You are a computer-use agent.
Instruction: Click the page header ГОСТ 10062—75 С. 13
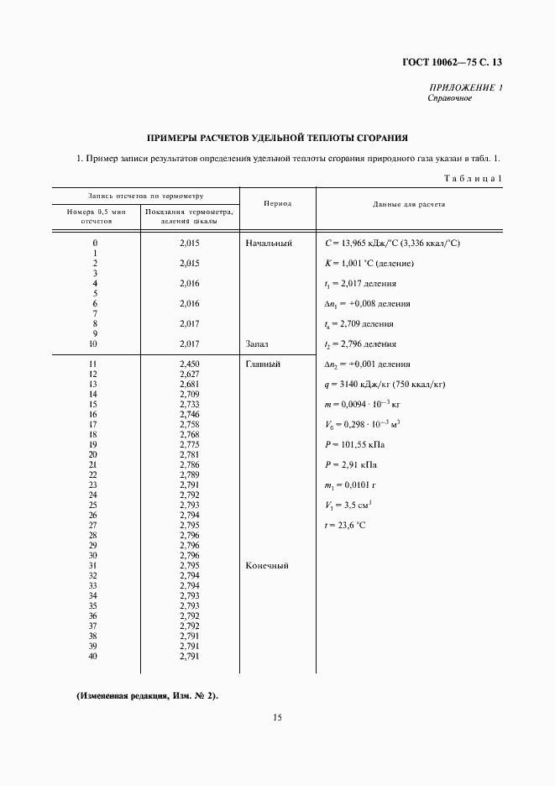[457, 62]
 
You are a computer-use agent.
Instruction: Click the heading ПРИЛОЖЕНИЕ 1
[465, 87]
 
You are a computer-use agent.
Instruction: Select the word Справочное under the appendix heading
[450, 98]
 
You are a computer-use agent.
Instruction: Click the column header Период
[277, 205]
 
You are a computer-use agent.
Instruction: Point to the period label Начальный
[269, 244]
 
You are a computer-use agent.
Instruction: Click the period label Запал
[258, 344]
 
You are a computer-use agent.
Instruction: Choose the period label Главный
[263, 364]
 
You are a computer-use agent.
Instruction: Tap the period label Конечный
[267, 566]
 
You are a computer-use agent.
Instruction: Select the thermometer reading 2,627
[189, 375]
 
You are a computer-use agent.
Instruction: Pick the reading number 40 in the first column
[94, 657]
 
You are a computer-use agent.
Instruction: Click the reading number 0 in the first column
[94, 244]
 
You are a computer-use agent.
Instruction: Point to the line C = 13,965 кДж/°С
[392, 244]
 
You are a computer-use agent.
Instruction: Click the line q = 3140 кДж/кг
[384, 385]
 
